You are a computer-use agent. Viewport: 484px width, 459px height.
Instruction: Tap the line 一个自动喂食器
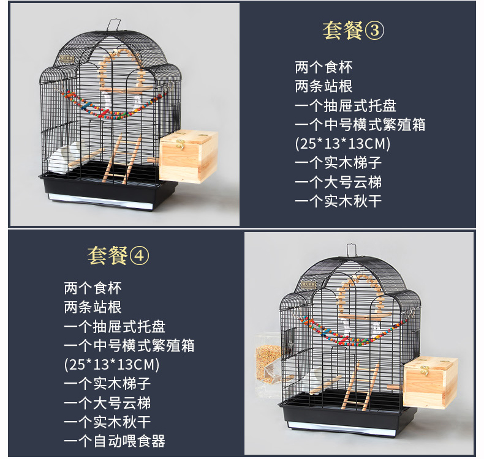115,441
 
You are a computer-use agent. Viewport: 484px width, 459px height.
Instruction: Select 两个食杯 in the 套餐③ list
323,67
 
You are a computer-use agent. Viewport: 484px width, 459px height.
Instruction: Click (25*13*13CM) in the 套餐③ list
342,144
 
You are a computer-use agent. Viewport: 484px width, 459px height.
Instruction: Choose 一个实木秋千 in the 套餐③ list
338,201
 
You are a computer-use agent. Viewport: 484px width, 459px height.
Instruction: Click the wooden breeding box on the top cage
189,157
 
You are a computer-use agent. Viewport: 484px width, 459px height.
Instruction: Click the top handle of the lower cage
351,250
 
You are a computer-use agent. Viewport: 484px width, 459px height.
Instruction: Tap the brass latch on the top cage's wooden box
180,143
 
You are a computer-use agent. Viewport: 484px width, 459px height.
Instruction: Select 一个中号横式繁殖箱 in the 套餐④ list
129,345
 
